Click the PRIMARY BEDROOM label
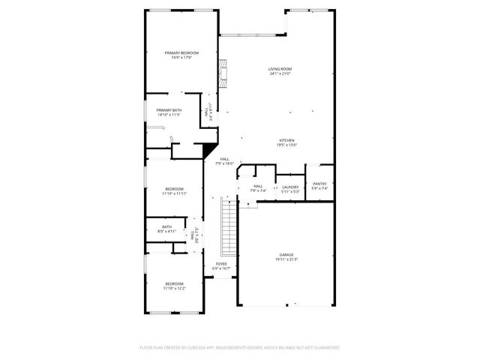pos(181,52)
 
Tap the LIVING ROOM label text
pos(280,69)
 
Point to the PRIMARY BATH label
pos(169,110)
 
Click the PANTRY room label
pos(319,184)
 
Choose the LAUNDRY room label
pos(290,187)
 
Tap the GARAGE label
pos(286,254)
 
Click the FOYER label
pos(221,263)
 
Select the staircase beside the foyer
pos(228,229)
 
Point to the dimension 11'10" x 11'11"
pos(174,193)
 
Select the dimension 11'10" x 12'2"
pos(174,288)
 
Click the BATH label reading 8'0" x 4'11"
pos(166,229)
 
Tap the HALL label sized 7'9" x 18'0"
pos(224,160)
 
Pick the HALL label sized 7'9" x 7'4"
pos(258,188)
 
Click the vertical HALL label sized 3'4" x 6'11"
pos(207,112)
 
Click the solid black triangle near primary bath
pos(209,149)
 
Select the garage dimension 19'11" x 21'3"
pos(286,259)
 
